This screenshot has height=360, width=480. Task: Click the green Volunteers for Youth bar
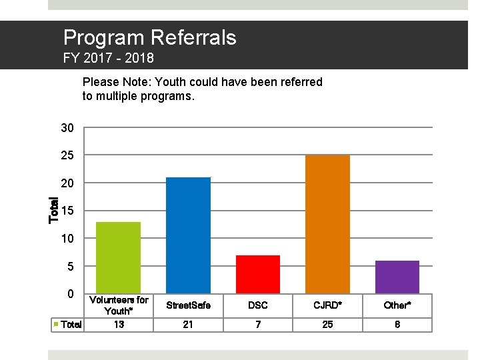[x=119, y=257]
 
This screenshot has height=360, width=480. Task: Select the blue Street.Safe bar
[x=188, y=235]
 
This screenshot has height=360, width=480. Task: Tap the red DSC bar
[x=258, y=274]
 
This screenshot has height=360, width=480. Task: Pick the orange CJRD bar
[x=327, y=224]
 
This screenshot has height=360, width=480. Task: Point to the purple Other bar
[x=397, y=277]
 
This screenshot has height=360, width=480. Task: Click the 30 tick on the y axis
[x=67, y=128]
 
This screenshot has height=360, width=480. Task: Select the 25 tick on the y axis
[x=67, y=155]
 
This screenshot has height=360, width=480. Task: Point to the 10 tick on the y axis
[x=67, y=239]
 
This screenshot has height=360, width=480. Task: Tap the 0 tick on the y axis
[x=70, y=294]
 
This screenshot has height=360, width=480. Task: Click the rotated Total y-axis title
[x=55, y=208]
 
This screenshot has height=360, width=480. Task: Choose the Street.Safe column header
[x=188, y=305]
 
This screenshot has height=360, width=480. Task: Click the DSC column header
[x=258, y=305]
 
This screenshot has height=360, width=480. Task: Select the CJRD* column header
[x=327, y=305]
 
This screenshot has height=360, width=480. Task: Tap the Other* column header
[x=397, y=305]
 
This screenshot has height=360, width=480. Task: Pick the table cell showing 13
[x=119, y=325]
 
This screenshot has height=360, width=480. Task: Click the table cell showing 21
[x=188, y=325]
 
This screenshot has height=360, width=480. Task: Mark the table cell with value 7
[x=258, y=325]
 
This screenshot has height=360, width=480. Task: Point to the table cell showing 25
[x=327, y=325]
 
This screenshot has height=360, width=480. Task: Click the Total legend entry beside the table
[x=69, y=325]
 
